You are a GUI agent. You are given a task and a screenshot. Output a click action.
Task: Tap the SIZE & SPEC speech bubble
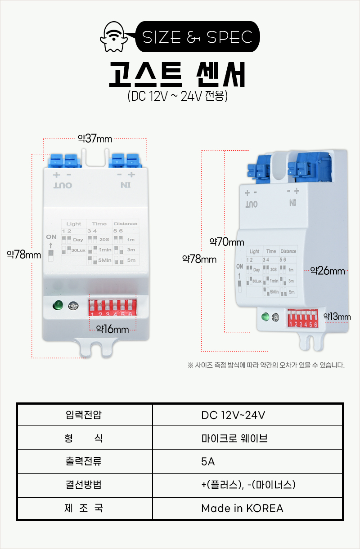[x=198, y=37]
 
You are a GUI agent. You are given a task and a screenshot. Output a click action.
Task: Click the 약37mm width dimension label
[x=95, y=138]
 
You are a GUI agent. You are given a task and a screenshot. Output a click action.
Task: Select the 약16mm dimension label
[x=112, y=329]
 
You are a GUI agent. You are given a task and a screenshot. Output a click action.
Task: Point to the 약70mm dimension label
[x=227, y=242]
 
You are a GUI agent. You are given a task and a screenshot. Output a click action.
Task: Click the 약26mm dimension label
[x=328, y=271]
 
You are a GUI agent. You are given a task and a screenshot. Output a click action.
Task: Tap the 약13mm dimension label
[x=337, y=317]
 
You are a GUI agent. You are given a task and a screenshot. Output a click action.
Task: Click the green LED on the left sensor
[x=58, y=306]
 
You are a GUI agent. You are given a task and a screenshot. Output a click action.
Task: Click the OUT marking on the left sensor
[x=63, y=185]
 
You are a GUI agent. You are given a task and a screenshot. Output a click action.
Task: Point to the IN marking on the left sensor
[x=125, y=185]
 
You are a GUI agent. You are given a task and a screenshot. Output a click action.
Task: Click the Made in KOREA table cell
[x=242, y=509]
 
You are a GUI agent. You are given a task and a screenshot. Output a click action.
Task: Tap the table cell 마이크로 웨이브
[x=234, y=437]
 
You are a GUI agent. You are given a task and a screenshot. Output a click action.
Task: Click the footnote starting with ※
[x=266, y=365]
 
